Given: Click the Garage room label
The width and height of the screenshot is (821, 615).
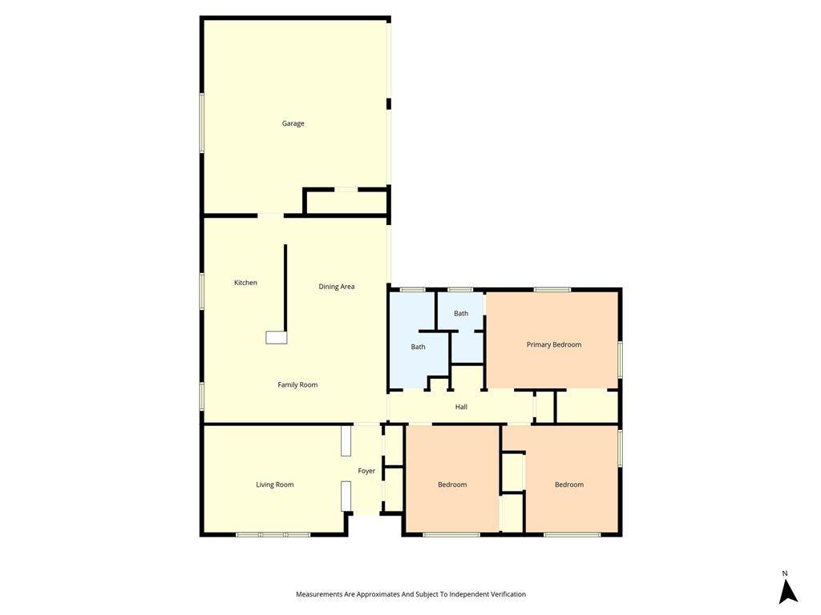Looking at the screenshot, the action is pyautogui.click(x=293, y=123).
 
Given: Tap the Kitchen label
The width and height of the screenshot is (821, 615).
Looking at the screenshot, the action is pyautogui.click(x=245, y=283).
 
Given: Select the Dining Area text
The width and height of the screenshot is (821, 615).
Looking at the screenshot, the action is pyautogui.click(x=337, y=287).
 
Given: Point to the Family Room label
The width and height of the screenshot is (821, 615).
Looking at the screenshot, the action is pyautogui.click(x=297, y=385).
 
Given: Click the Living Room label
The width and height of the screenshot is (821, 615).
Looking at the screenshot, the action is pyautogui.click(x=275, y=484).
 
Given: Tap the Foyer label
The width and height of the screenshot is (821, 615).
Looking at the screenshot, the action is pyautogui.click(x=366, y=471).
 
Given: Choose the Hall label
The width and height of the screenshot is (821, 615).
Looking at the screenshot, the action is pyautogui.click(x=461, y=407).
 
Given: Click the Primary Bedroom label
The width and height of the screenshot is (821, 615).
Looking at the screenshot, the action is pyautogui.click(x=554, y=344).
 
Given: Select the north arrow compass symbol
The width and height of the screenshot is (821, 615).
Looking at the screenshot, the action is pyautogui.click(x=787, y=592).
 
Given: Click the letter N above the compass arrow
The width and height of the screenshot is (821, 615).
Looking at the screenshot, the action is pyautogui.click(x=785, y=573).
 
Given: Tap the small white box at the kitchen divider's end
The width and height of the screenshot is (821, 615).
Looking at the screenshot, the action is pyautogui.click(x=277, y=337).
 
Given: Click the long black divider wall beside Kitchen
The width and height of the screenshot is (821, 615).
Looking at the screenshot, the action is pyautogui.click(x=285, y=287).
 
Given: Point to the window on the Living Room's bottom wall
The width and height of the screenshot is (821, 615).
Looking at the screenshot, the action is pyautogui.click(x=273, y=534).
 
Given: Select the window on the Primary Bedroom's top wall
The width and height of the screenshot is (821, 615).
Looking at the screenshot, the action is pyautogui.click(x=552, y=289).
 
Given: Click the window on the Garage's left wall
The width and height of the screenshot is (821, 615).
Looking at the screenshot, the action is pyautogui.click(x=201, y=123).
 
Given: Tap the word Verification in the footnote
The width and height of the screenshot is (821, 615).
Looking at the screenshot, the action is pyautogui.click(x=507, y=594).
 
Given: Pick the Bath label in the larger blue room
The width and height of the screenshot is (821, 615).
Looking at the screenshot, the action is pyautogui.click(x=419, y=347).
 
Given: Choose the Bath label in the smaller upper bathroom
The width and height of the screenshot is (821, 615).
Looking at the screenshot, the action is pyautogui.click(x=461, y=313).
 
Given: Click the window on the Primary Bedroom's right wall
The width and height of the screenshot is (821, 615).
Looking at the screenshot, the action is pyautogui.click(x=620, y=360).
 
